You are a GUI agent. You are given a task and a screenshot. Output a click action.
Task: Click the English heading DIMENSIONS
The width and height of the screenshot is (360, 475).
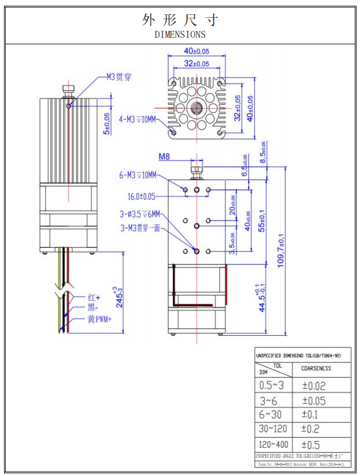180,35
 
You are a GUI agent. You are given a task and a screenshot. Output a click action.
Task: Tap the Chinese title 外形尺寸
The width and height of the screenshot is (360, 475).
180,20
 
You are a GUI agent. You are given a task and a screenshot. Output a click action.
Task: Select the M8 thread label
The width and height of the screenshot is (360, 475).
164,156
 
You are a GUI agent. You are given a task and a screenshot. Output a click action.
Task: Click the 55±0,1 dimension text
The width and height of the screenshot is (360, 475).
262,220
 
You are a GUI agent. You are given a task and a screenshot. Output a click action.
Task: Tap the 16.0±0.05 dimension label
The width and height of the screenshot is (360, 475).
141,196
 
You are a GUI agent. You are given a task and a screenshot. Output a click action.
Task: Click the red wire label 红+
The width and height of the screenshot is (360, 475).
94,298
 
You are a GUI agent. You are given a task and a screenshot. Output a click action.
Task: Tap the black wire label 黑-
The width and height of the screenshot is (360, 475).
93,309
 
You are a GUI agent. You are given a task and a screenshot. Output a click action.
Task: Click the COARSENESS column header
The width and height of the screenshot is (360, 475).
316,369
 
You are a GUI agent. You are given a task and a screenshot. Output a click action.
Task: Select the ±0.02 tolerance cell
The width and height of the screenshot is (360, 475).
313,385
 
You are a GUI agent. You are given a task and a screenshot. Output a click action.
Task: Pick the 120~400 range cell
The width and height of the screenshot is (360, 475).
274,445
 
